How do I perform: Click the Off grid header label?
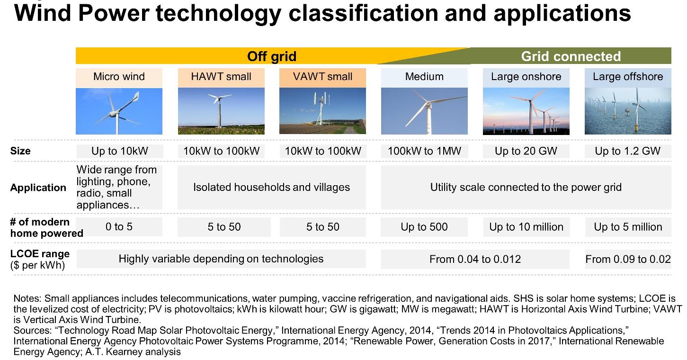click(272, 56)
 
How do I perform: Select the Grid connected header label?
click(571, 56)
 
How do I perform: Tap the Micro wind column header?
click(119, 77)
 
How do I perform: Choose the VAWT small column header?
click(322, 77)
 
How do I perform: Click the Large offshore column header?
click(628, 77)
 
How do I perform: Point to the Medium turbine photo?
click(425, 111)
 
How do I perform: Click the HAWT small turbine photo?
click(221, 111)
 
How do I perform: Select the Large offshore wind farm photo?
click(628, 111)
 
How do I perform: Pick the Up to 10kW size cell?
click(120, 151)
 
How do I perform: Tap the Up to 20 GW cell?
click(526, 151)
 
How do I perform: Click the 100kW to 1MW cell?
click(425, 151)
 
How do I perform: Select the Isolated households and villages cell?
click(271, 187)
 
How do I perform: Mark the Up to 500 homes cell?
click(424, 227)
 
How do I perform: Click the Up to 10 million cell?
click(526, 227)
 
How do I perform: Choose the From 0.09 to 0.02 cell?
click(628, 259)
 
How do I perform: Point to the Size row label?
click(20, 151)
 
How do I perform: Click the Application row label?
click(38, 188)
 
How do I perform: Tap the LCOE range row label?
click(40, 259)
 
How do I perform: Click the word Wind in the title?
click(43, 14)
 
